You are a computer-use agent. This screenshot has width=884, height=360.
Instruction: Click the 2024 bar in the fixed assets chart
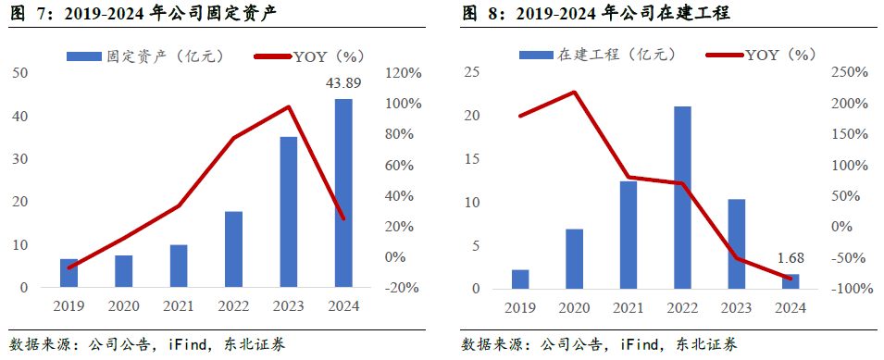(342, 193)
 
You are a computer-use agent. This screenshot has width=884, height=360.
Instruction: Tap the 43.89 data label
(342, 84)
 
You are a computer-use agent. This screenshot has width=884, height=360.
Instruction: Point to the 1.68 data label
(790, 259)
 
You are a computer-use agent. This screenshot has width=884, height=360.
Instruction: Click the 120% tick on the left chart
(404, 73)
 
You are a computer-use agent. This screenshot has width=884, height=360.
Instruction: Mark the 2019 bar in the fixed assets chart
(69, 273)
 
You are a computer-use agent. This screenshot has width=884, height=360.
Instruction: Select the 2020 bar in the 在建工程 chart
(574, 258)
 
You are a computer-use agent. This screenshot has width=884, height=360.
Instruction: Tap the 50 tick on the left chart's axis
(19, 73)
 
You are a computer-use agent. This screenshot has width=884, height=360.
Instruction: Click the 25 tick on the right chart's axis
(472, 73)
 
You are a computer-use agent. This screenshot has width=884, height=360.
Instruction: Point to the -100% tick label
(848, 289)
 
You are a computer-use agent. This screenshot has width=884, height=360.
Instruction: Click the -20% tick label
(404, 288)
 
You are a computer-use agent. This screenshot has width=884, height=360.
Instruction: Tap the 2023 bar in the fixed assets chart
(288, 212)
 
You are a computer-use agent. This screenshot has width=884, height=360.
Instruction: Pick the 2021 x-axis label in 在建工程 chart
(628, 306)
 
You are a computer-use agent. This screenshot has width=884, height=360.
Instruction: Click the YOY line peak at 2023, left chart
(289, 106)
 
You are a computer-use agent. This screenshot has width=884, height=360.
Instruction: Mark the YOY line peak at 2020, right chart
(574, 92)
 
